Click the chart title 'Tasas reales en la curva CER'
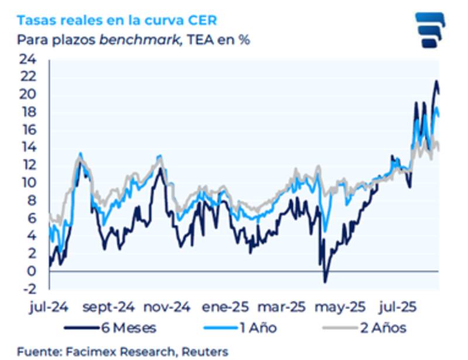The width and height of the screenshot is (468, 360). point(116,20)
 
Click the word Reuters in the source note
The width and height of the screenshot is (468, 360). point(204,351)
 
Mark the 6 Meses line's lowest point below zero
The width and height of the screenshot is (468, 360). point(325,282)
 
